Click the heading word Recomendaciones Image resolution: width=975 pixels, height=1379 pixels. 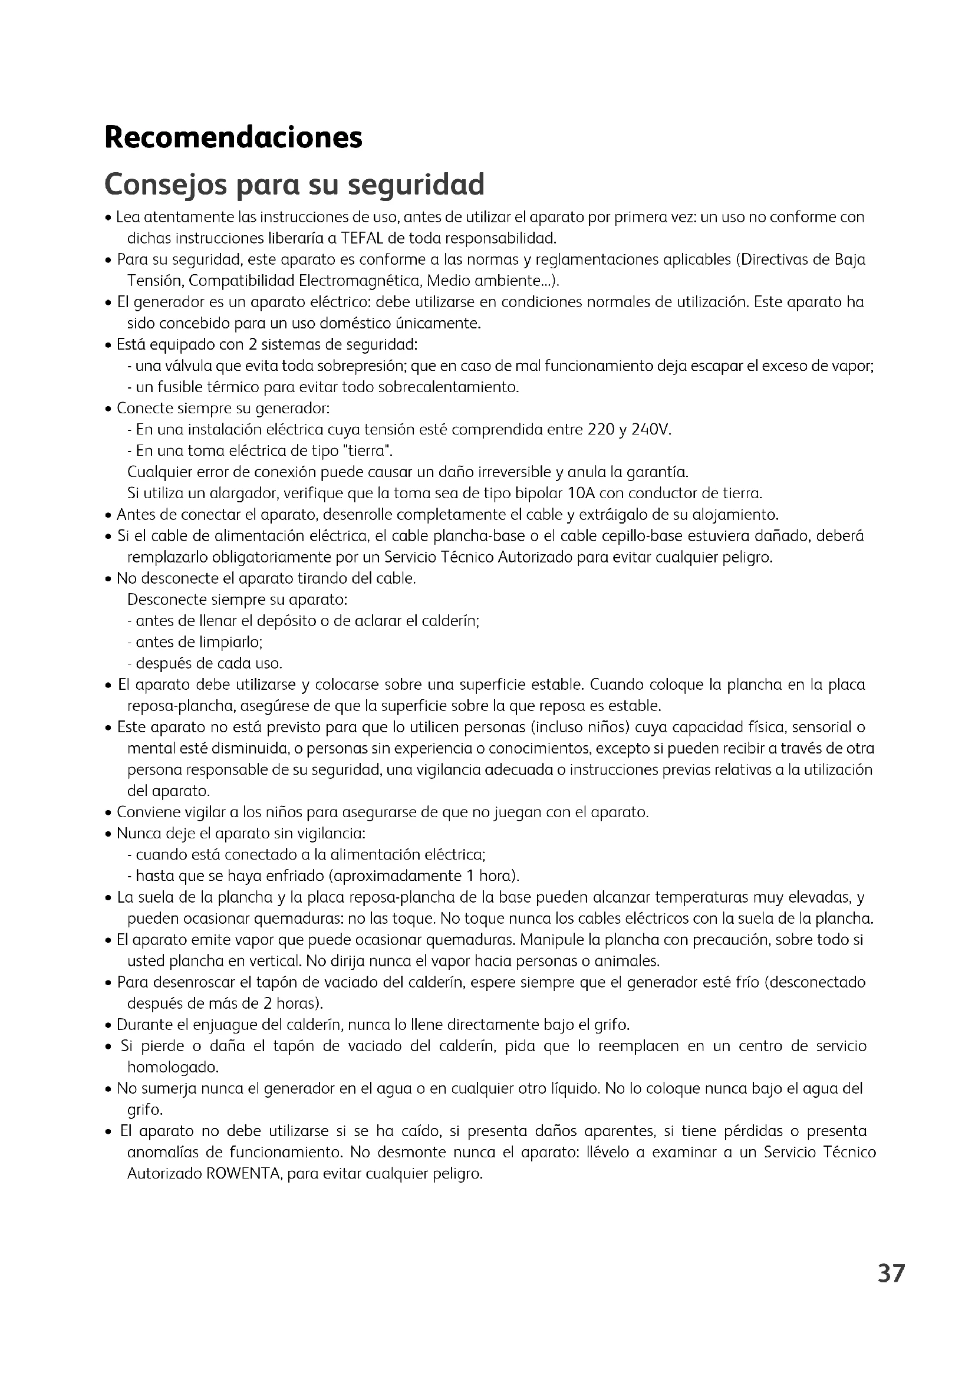(x=233, y=137)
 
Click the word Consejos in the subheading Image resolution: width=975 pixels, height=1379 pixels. (x=164, y=185)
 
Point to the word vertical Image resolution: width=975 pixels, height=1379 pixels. (x=275, y=961)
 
